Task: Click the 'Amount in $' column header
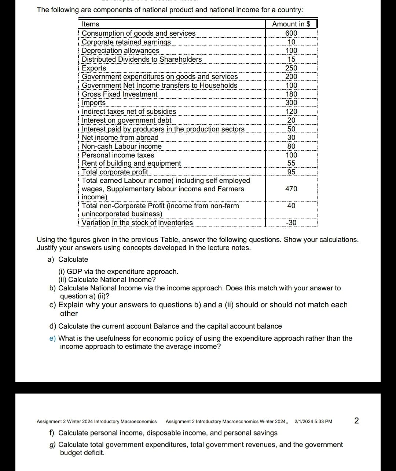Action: pyautogui.click(x=291, y=24)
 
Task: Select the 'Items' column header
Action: pyautogui.click(x=91, y=24)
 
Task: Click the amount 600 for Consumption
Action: pyautogui.click(x=291, y=33)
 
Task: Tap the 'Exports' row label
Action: pyautogui.click(x=94, y=68)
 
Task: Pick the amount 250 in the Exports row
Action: pyautogui.click(x=291, y=68)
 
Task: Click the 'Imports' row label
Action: pyautogui.click(x=93, y=103)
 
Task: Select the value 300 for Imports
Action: pyautogui.click(x=291, y=103)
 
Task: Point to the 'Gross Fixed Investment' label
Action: pyautogui.click(x=120, y=94)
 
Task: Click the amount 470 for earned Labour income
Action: pyautogui.click(x=291, y=189)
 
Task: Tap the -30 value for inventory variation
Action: pyautogui.click(x=291, y=223)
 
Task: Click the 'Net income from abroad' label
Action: pyautogui.click(x=120, y=138)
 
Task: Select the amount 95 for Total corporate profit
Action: pyautogui.click(x=291, y=172)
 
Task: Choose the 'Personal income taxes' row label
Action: pyautogui.click(x=118, y=155)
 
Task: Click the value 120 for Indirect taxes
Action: pyautogui.click(x=291, y=112)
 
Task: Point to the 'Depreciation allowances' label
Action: pyautogui.click(x=121, y=51)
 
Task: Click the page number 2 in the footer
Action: pyautogui.click(x=356, y=421)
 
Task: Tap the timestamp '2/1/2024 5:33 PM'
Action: pyautogui.click(x=313, y=421)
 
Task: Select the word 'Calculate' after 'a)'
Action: pyautogui.click(x=73, y=260)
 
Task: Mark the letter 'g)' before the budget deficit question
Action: pyautogui.click(x=53, y=445)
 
